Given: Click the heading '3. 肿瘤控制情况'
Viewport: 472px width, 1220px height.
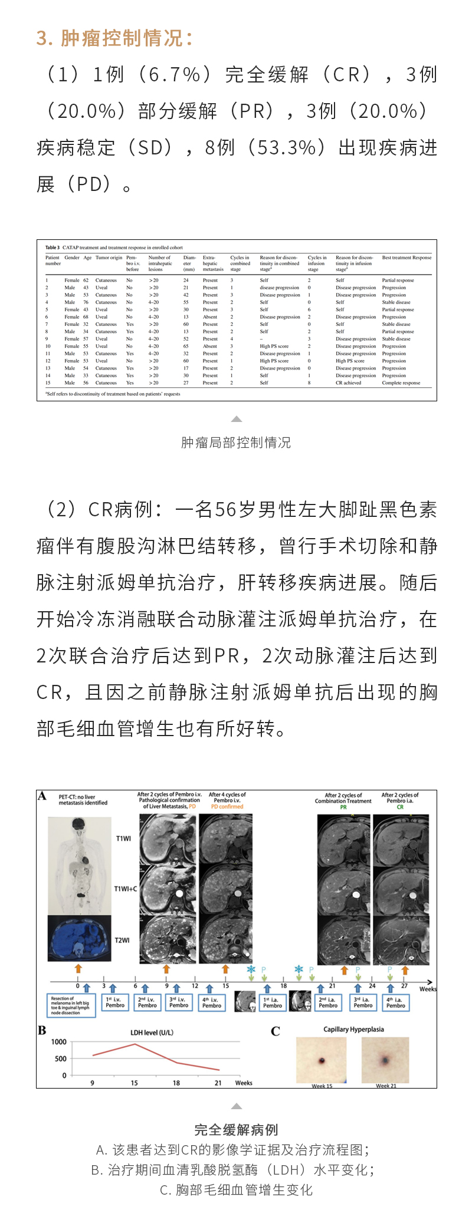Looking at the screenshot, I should [x=114, y=38].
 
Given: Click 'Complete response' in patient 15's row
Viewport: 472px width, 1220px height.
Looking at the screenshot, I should [x=401, y=383].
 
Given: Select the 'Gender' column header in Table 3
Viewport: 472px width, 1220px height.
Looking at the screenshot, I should [x=72, y=258].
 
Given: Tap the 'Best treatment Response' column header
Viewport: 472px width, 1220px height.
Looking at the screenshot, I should [x=407, y=258].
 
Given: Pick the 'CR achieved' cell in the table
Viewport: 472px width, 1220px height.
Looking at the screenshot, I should [x=349, y=383].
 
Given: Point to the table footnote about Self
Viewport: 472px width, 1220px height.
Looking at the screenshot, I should [x=113, y=394].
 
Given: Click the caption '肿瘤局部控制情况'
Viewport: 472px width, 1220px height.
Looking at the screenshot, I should [x=236, y=443].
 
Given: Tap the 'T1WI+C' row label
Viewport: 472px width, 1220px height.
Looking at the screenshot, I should [x=125, y=889].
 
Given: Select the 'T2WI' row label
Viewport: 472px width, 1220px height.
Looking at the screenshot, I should [x=122, y=940].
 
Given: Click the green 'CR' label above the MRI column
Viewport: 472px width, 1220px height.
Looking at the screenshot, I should [x=400, y=807].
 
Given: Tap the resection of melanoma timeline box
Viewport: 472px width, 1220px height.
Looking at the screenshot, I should [x=71, y=1005].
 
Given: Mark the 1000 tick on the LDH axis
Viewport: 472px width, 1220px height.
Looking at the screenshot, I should [x=59, y=1042].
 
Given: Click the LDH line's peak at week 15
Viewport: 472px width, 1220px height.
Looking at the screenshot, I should [x=135, y=1044].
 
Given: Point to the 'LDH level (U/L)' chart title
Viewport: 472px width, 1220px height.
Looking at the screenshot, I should [x=152, y=1033].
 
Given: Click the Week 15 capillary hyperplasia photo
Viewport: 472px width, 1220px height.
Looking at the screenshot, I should [x=322, y=1061].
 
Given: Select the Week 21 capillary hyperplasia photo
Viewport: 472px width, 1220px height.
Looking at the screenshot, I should [x=385, y=1061].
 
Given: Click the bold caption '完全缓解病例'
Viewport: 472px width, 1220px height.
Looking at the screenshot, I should [x=236, y=1130].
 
